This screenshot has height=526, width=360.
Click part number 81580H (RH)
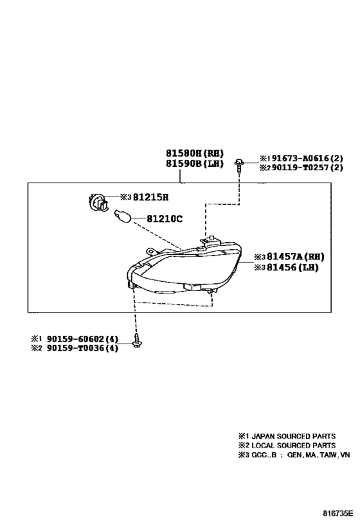click(x=194, y=153)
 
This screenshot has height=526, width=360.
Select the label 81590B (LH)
click(x=194, y=164)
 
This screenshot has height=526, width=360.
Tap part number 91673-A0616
click(x=300, y=158)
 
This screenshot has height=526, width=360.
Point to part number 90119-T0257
click(x=300, y=167)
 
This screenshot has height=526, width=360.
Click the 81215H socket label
click(x=151, y=197)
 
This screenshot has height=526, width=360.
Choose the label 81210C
click(x=165, y=219)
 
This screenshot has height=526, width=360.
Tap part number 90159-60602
click(x=76, y=339)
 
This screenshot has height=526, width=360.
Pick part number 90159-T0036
click(x=76, y=348)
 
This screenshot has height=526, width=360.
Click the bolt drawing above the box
click(x=239, y=165)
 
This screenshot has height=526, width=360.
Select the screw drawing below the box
click(x=136, y=340)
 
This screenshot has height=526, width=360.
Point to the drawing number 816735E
click(x=338, y=513)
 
